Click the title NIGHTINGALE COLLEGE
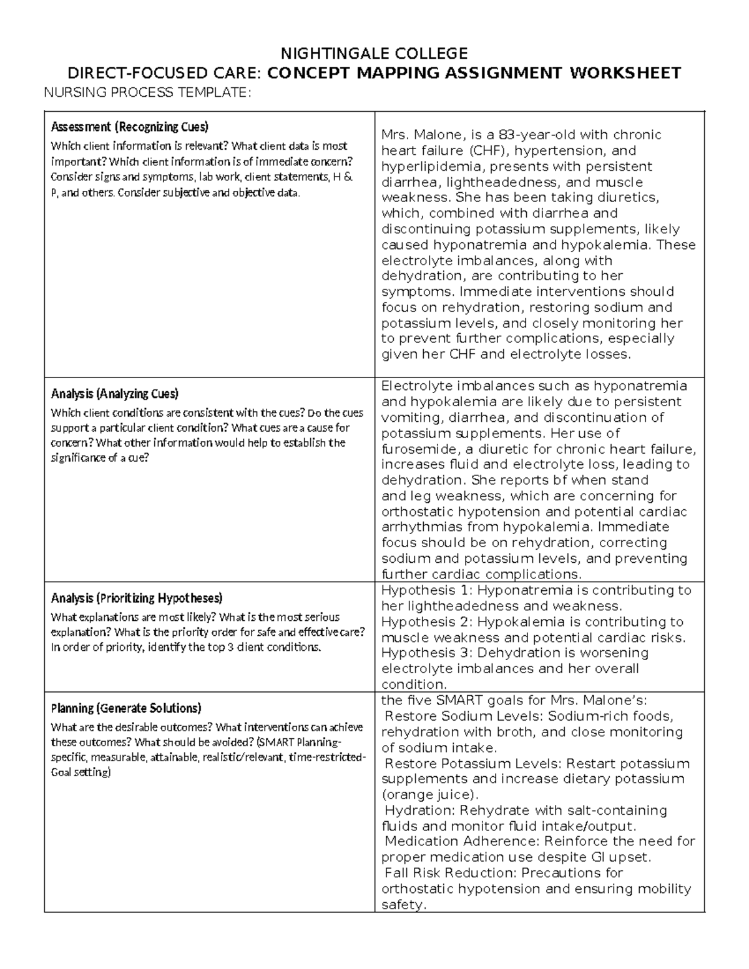point(374,52)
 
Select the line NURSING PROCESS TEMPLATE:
point(147,93)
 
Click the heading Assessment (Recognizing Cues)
point(129,127)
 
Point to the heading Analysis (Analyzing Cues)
point(114,394)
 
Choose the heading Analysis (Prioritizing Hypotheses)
point(136,598)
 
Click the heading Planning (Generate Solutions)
point(125,708)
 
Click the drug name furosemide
point(417,449)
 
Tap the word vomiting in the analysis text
point(409,417)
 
